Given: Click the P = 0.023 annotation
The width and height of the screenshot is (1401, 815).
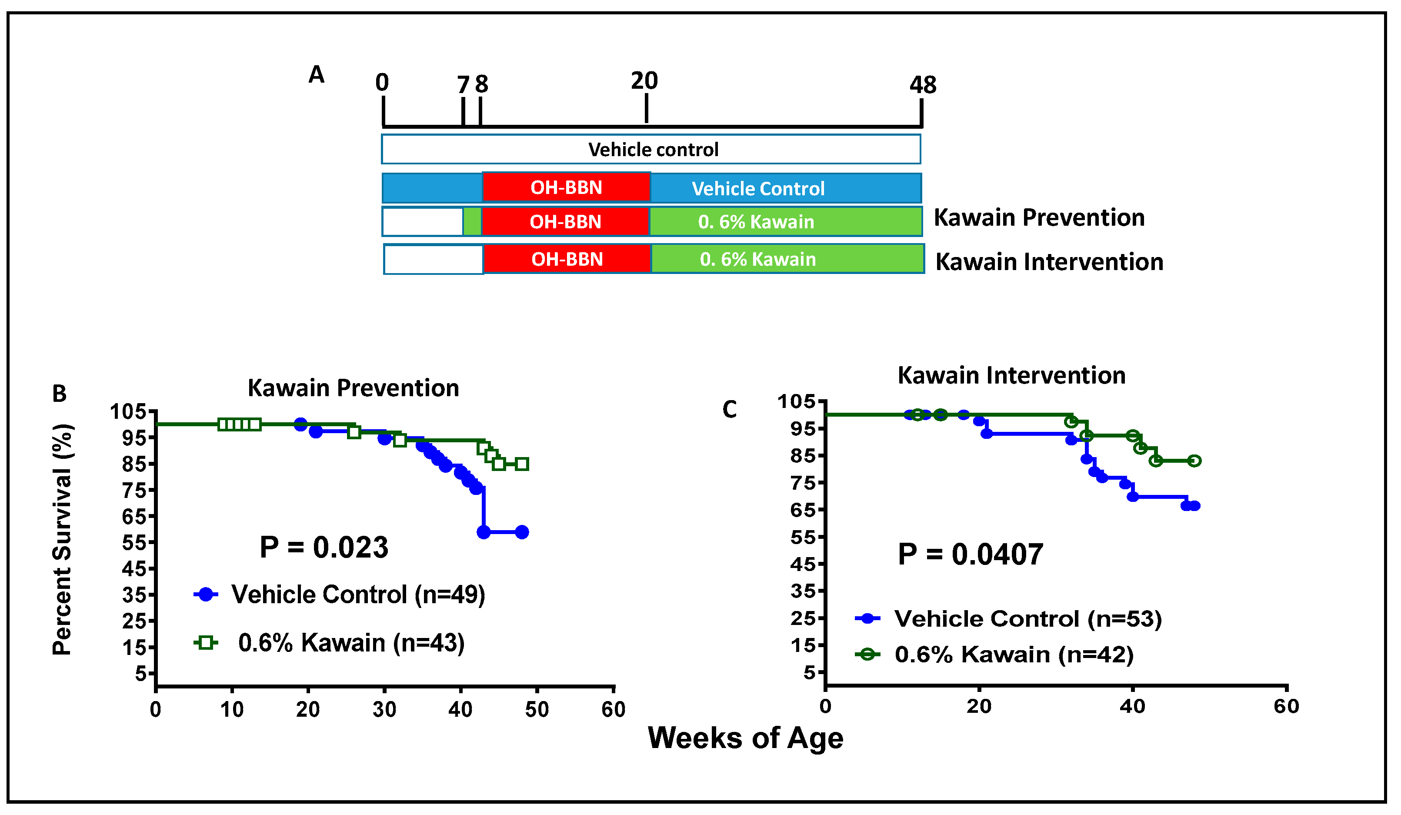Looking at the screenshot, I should tap(324, 548).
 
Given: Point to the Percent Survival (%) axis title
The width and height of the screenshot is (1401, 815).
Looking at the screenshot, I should tap(62, 539).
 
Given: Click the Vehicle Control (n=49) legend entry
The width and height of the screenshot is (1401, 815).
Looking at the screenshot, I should tap(358, 595).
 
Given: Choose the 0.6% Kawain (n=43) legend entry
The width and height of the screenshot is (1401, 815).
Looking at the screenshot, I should tap(351, 643).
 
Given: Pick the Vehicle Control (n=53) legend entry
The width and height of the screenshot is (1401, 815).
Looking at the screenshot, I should tap(1028, 619).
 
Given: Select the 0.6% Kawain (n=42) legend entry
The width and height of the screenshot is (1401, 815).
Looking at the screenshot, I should tap(1014, 655).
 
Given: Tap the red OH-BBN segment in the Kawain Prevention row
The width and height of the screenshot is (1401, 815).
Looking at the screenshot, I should tap(565, 222).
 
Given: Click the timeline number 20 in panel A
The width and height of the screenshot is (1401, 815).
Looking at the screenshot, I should tap(644, 81).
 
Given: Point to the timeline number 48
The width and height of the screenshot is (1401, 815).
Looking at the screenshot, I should tap(923, 85).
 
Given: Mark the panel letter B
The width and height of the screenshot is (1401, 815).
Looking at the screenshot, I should tap(60, 394).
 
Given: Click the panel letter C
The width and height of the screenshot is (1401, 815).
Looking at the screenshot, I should tap(729, 410).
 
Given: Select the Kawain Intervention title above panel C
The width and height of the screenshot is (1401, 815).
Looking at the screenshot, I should tap(1011, 376).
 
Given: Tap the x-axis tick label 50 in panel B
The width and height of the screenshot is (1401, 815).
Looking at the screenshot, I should tap(537, 710).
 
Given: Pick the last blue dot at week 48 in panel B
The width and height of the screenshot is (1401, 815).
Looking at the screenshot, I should tap(521, 532).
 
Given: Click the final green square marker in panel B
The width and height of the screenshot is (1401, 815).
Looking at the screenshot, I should tap(521, 464).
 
